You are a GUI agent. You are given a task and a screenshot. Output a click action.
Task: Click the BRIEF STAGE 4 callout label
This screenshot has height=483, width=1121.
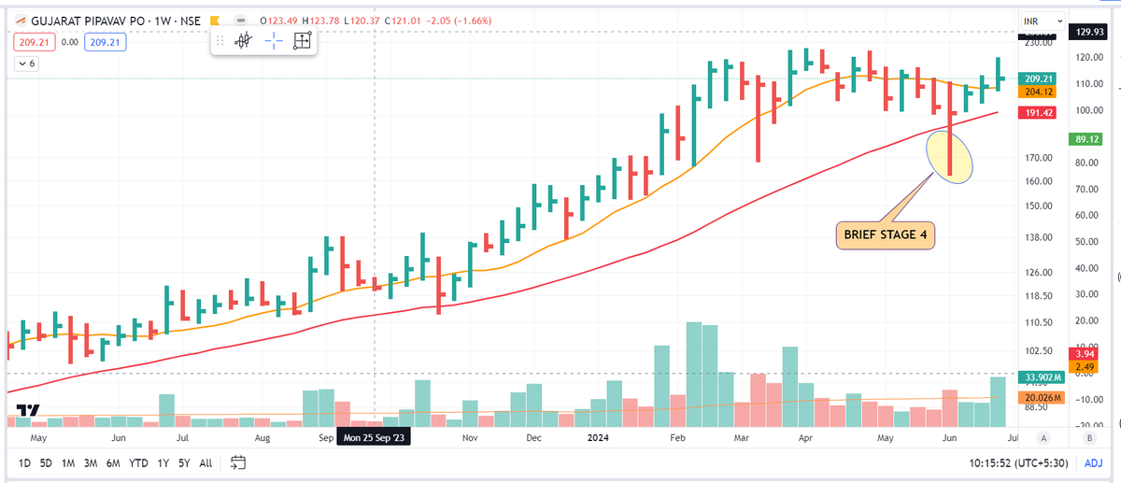point(886,235)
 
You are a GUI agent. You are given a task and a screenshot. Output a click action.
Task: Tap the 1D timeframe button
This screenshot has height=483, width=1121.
point(24,462)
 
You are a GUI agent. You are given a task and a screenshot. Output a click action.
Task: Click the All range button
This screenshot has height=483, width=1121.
point(206,462)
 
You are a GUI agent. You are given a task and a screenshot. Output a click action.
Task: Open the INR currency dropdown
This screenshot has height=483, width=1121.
point(1042,19)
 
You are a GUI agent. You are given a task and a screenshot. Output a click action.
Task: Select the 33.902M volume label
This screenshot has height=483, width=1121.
point(1040,378)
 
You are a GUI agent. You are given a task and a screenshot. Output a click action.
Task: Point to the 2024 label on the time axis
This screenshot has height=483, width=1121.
point(599,437)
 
